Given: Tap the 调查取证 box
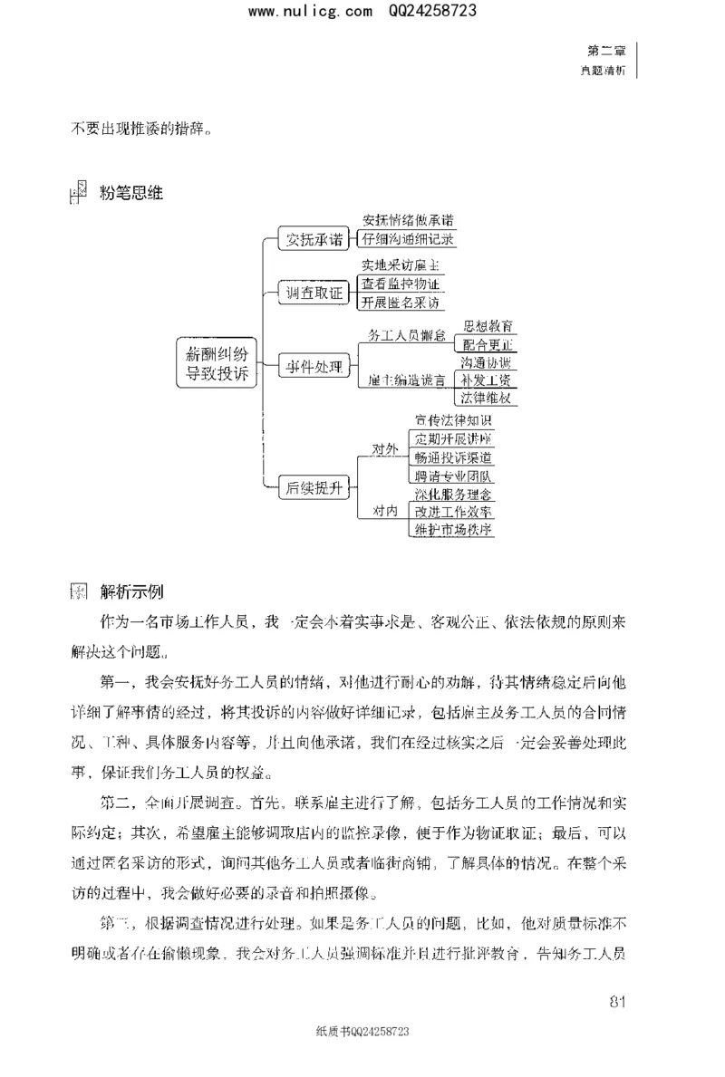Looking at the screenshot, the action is pos(314,293).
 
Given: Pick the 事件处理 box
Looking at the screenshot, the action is pos(314,367).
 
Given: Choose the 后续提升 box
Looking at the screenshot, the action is pos(314,487).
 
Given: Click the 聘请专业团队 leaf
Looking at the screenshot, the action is pos(453,476).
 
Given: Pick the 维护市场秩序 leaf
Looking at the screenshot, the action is pos(453,530).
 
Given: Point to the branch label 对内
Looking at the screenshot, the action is pos(385,512).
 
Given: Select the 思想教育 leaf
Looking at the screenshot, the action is pos(486,326).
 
